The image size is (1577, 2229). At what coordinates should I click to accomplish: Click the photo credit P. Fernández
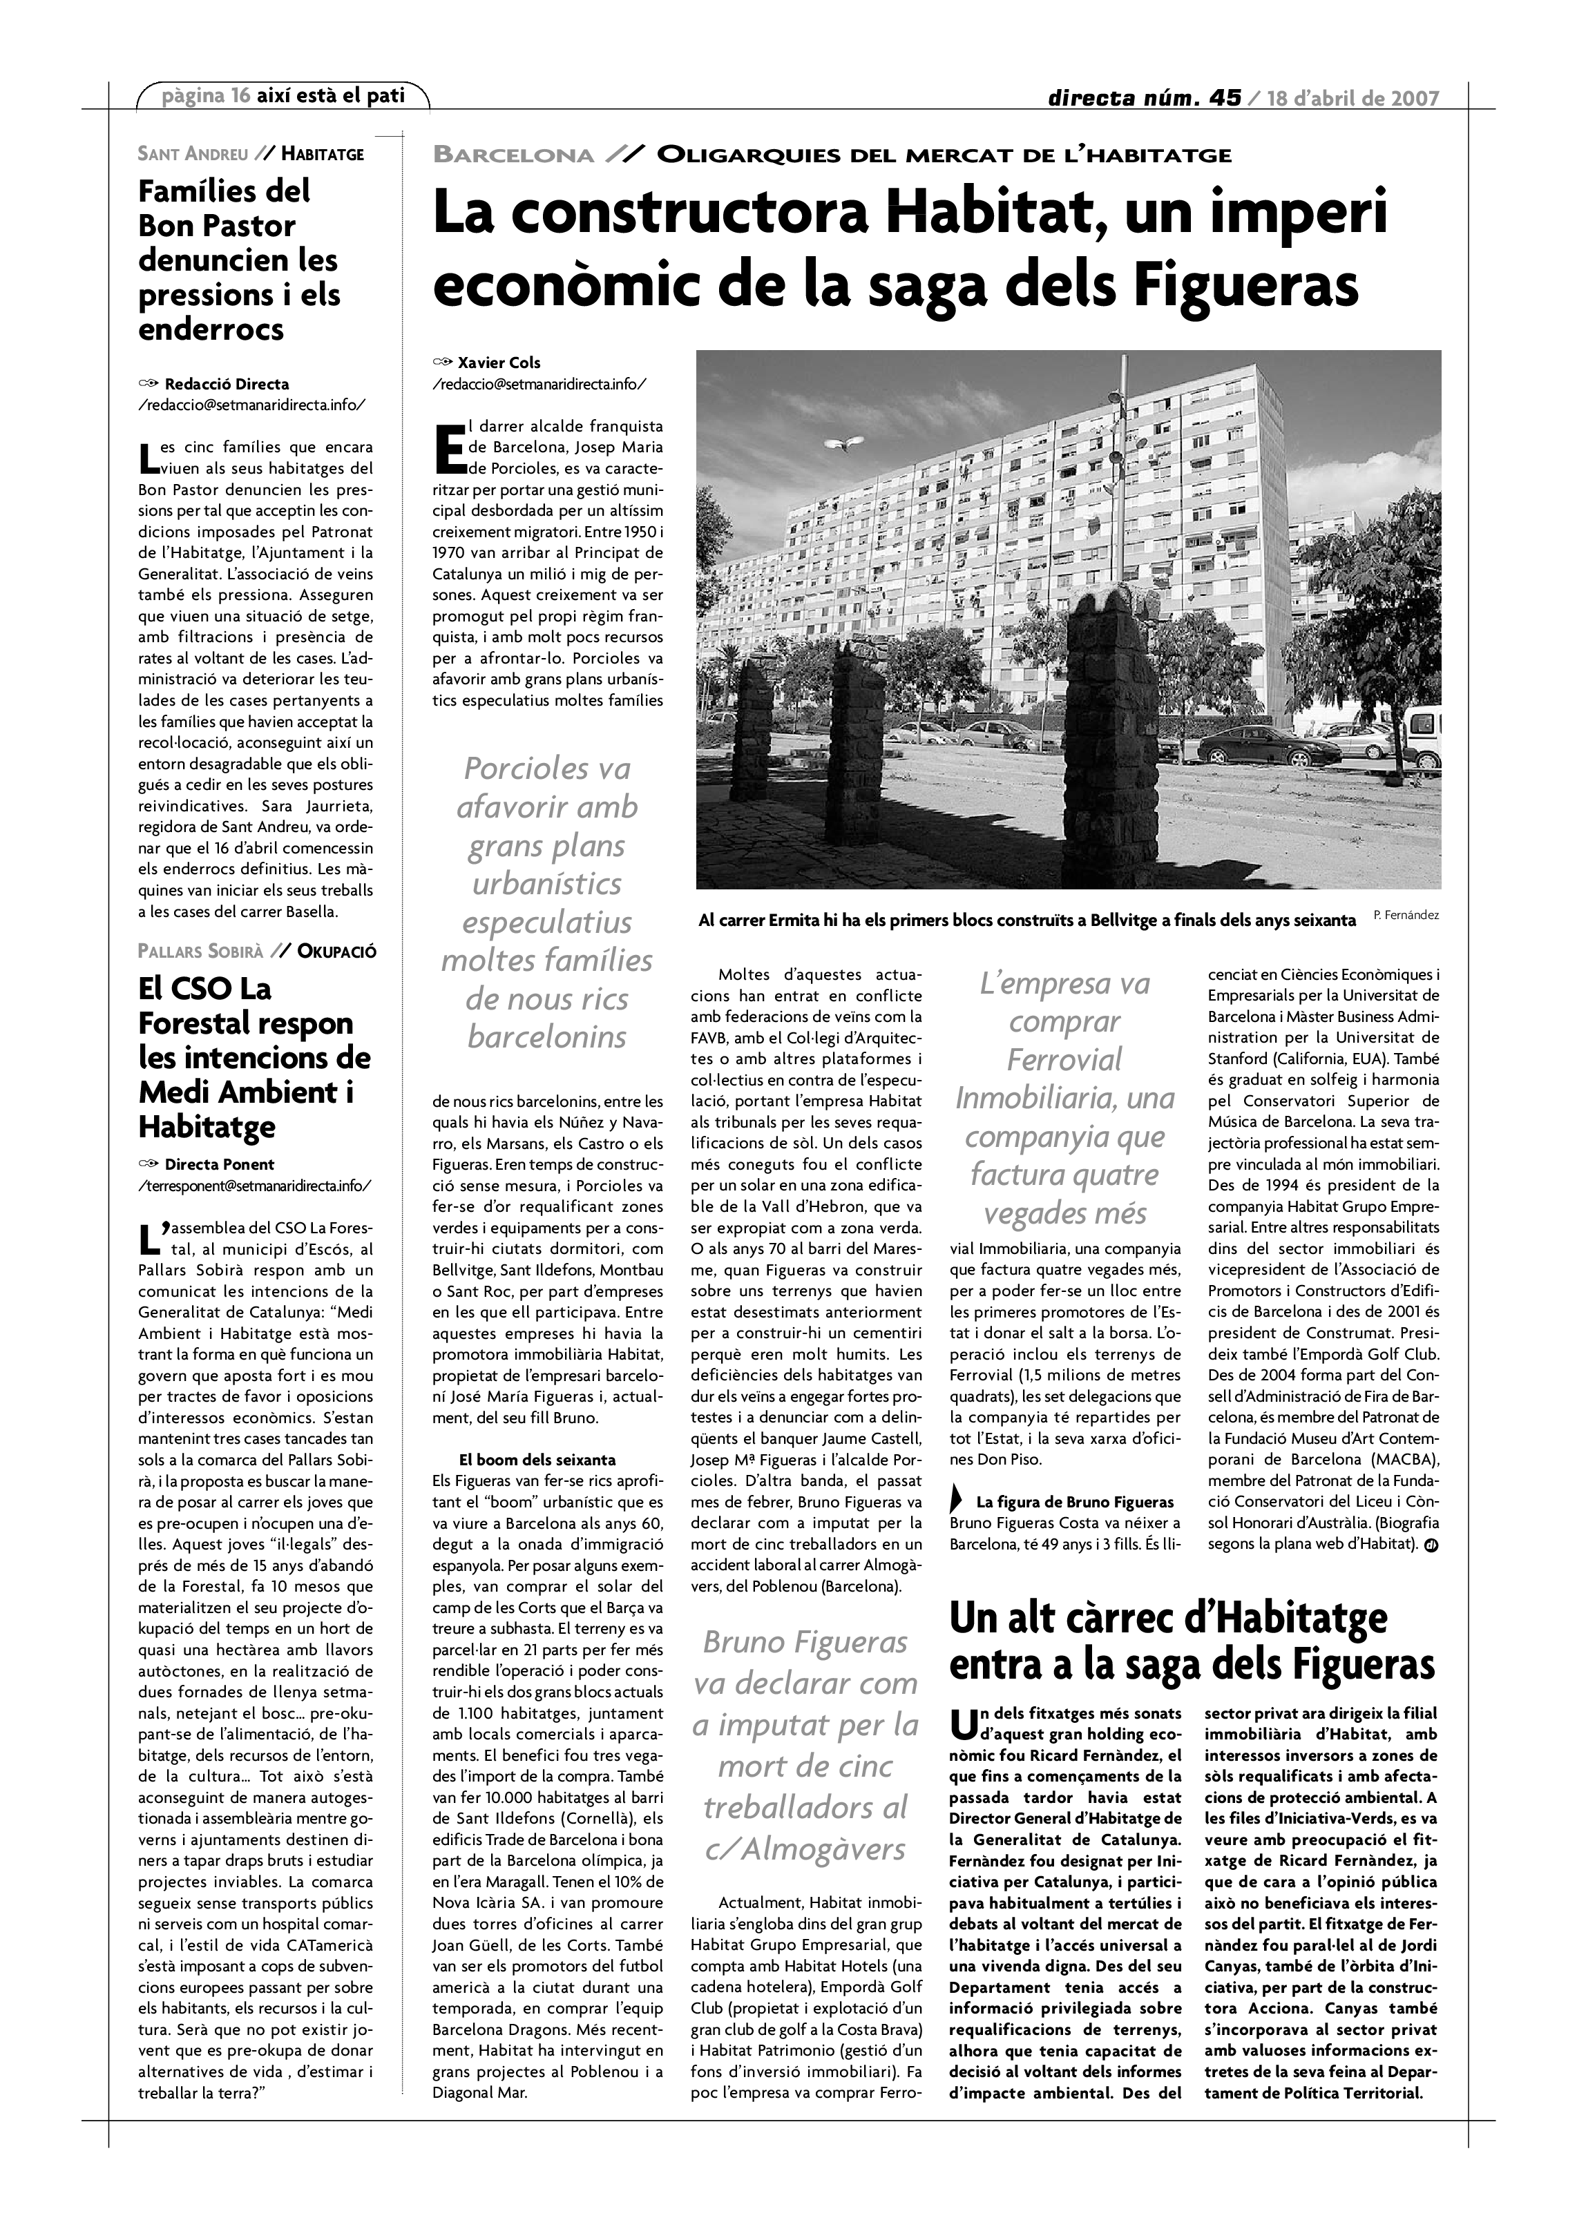pyautogui.click(x=1407, y=914)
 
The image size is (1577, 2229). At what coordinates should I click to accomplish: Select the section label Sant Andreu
pyautogui.click(x=193, y=153)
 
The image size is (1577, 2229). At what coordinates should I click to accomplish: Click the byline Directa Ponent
pyautogui.click(x=220, y=1164)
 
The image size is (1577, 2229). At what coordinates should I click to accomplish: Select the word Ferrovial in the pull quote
pyautogui.click(x=1064, y=1059)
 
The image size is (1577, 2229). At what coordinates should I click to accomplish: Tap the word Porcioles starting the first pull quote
pyautogui.click(x=546, y=768)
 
